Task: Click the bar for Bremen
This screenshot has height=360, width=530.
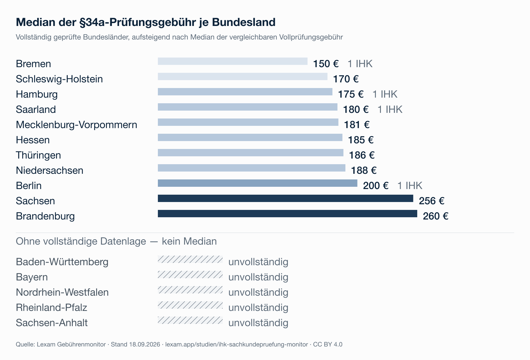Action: (233, 61)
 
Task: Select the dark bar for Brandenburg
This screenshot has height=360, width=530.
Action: (288, 214)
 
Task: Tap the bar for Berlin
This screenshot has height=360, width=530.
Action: (258, 183)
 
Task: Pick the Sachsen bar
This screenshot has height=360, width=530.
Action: (286, 198)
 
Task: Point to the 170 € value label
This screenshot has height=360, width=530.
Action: (346, 79)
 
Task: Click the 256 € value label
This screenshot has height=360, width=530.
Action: (432, 201)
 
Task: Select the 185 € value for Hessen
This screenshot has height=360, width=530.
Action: (361, 140)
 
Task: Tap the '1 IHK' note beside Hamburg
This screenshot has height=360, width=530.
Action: (385, 94)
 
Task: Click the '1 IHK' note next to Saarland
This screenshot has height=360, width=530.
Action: (390, 109)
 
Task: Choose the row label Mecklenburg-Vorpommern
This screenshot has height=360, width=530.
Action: (76, 125)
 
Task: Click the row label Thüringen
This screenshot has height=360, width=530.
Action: (38, 155)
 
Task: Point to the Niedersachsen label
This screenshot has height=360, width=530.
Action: (50, 170)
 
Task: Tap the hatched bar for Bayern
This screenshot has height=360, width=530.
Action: (190, 275)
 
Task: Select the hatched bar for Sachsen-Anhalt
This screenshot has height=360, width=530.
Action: (190, 320)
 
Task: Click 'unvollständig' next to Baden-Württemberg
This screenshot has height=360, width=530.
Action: (258, 262)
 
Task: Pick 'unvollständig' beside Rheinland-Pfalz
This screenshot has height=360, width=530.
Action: (258, 308)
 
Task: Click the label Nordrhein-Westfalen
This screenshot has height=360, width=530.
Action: (62, 292)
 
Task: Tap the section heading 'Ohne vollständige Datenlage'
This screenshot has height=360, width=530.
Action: (81, 242)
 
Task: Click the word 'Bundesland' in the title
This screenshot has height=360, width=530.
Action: (244, 22)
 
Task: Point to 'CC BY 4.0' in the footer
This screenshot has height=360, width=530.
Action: (328, 344)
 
